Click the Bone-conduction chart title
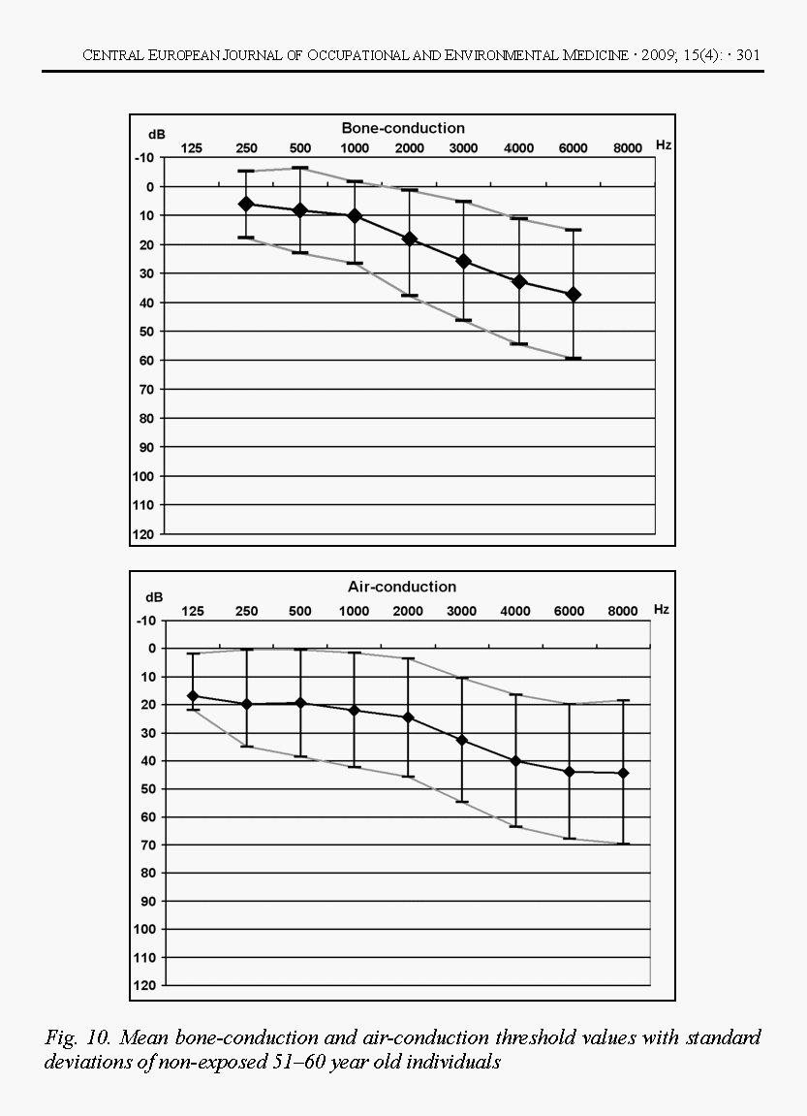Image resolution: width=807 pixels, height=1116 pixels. tap(403, 128)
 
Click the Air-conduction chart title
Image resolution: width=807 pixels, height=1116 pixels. tap(402, 587)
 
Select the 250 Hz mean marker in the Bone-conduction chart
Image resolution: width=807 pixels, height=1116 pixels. tap(246, 204)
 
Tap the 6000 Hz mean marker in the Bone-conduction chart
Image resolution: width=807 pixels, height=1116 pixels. tap(574, 294)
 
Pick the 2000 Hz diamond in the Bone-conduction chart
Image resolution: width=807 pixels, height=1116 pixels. tap(410, 239)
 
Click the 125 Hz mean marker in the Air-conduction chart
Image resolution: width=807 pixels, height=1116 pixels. tap(193, 696)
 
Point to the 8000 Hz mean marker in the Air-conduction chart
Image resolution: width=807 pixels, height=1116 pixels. tap(623, 773)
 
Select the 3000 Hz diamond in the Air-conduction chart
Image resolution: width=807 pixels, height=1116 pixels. tap(462, 740)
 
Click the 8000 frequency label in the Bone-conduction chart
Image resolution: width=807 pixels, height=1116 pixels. tap(628, 148)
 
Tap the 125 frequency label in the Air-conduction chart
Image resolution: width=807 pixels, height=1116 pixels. tap(193, 611)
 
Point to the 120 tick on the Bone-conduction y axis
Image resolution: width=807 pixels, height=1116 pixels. tap(144, 534)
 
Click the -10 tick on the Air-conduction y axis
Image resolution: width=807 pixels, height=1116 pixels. tap(145, 620)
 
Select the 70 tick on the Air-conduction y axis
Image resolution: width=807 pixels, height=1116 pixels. tap(148, 845)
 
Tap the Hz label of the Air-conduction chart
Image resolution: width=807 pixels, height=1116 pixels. tap(662, 610)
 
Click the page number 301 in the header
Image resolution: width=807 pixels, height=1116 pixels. tap(748, 55)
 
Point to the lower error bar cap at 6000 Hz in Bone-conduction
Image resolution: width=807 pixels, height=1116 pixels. tap(574, 359)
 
